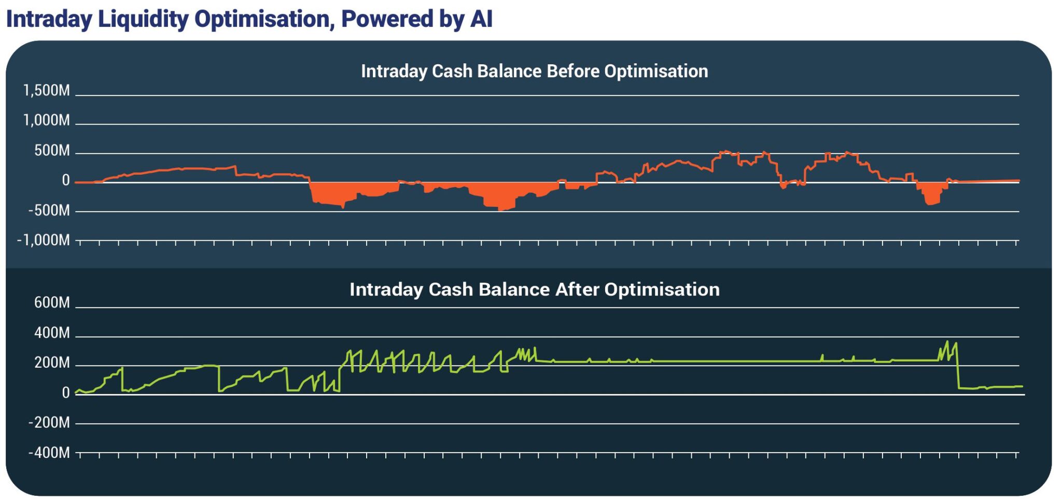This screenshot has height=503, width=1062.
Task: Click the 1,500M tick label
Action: (47, 91)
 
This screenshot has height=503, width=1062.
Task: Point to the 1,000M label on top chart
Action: (47, 120)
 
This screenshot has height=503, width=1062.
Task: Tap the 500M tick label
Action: (52, 150)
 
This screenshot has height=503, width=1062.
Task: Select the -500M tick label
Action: (49, 211)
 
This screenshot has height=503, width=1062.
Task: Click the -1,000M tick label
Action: (44, 240)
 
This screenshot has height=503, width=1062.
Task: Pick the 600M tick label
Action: (52, 302)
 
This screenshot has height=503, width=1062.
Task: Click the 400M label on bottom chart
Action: (52, 332)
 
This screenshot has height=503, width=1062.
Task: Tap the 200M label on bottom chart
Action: (52, 362)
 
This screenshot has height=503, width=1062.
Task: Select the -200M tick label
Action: (49, 423)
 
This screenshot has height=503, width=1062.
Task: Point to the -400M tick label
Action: (49, 453)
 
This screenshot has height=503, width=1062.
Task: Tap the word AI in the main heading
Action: (481, 19)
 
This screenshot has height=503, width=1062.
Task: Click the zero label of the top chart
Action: (66, 180)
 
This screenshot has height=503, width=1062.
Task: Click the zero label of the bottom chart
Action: (66, 393)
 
